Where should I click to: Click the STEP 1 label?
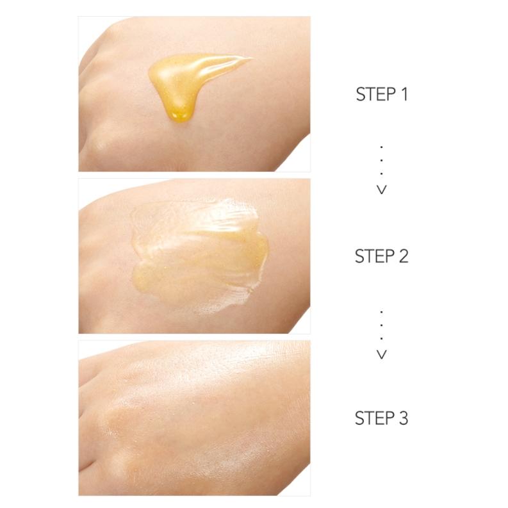382,95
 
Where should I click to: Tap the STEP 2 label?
382,256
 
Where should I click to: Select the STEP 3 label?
382,419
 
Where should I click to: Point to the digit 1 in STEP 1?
404,95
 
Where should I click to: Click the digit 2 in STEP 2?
404,256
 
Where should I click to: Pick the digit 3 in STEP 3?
404,419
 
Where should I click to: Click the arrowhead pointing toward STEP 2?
382,190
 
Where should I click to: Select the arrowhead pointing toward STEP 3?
382,354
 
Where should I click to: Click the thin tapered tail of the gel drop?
240,61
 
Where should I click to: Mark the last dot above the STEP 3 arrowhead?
382,338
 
